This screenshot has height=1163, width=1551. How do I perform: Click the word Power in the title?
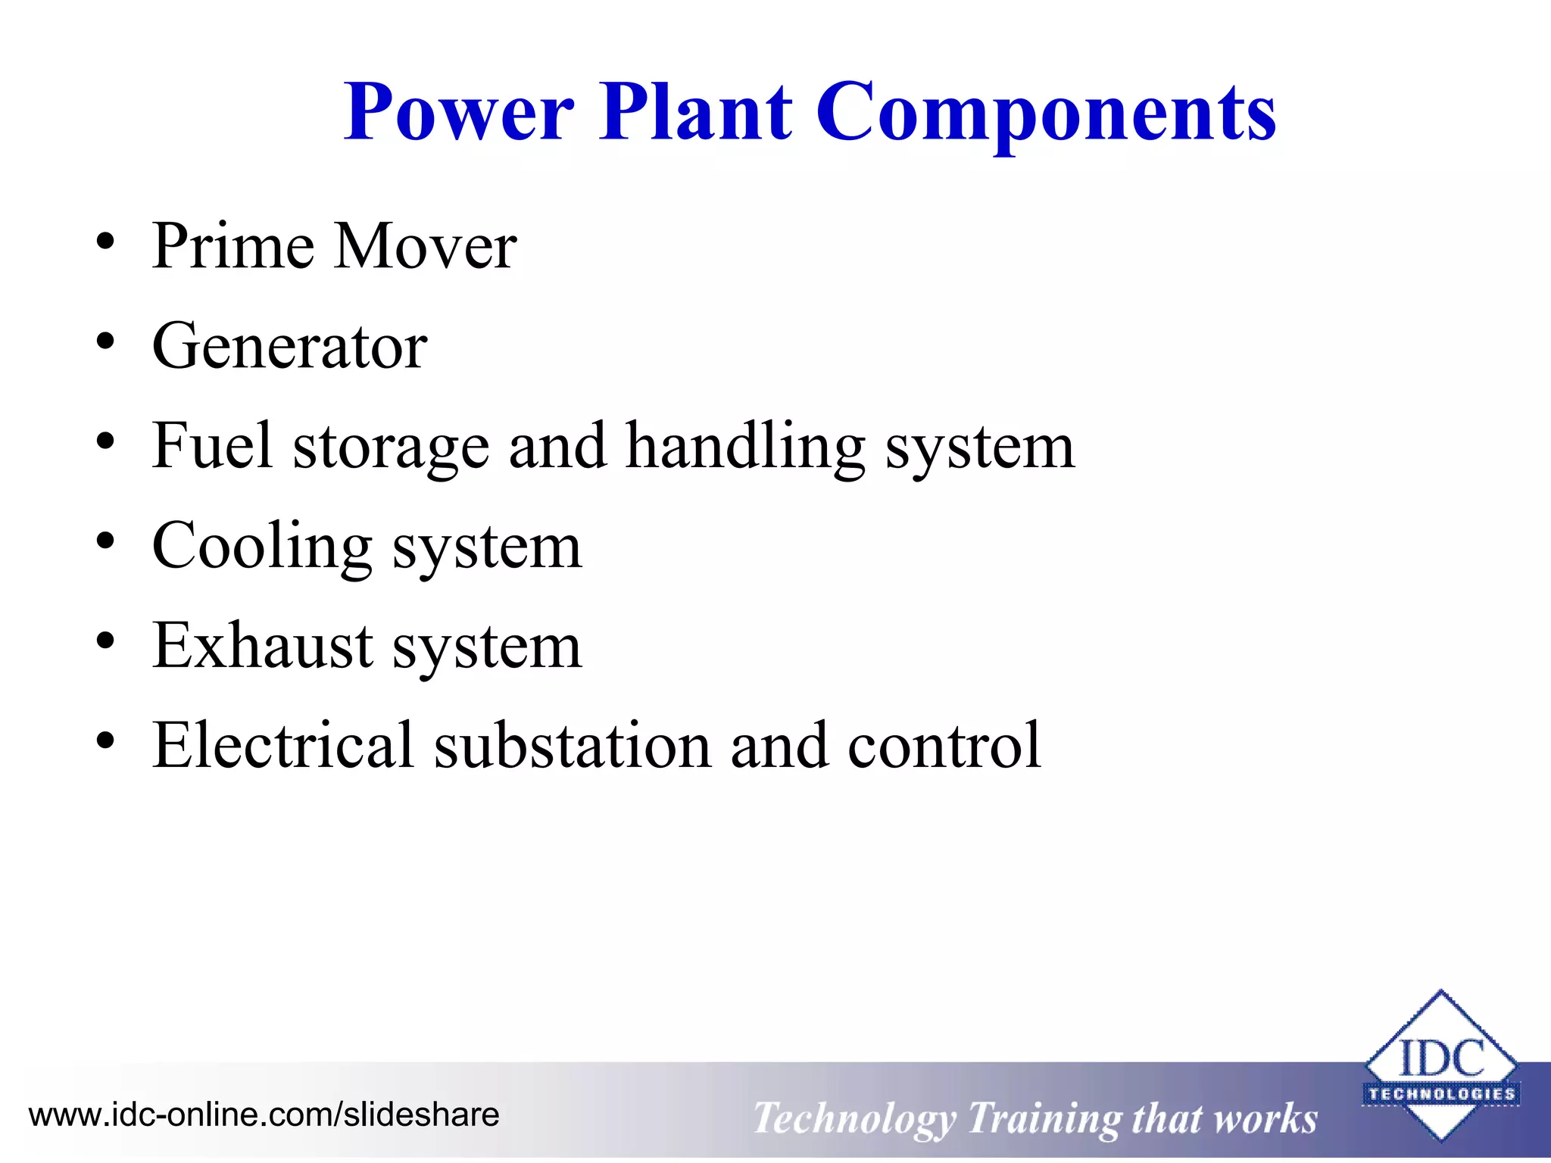coord(458,114)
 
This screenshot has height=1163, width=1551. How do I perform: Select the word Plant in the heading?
coord(695,114)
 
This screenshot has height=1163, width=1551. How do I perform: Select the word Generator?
coord(289,347)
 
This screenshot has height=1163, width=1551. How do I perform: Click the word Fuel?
coord(211,446)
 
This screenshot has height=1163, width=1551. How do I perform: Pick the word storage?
coord(391,448)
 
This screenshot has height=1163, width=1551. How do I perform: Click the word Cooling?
coord(262,547)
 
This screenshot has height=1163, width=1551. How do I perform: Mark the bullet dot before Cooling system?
coord(105,542)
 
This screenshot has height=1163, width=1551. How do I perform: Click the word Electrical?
coord(282,746)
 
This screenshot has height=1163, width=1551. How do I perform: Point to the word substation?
coord(573,746)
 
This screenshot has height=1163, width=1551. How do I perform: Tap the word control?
coord(944,746)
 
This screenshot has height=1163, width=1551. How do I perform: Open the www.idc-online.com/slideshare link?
coord(264,1115)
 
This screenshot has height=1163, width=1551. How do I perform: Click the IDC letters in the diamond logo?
coord(1441,1059)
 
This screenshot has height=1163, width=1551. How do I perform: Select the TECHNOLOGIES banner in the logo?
coord(1441,1094)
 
